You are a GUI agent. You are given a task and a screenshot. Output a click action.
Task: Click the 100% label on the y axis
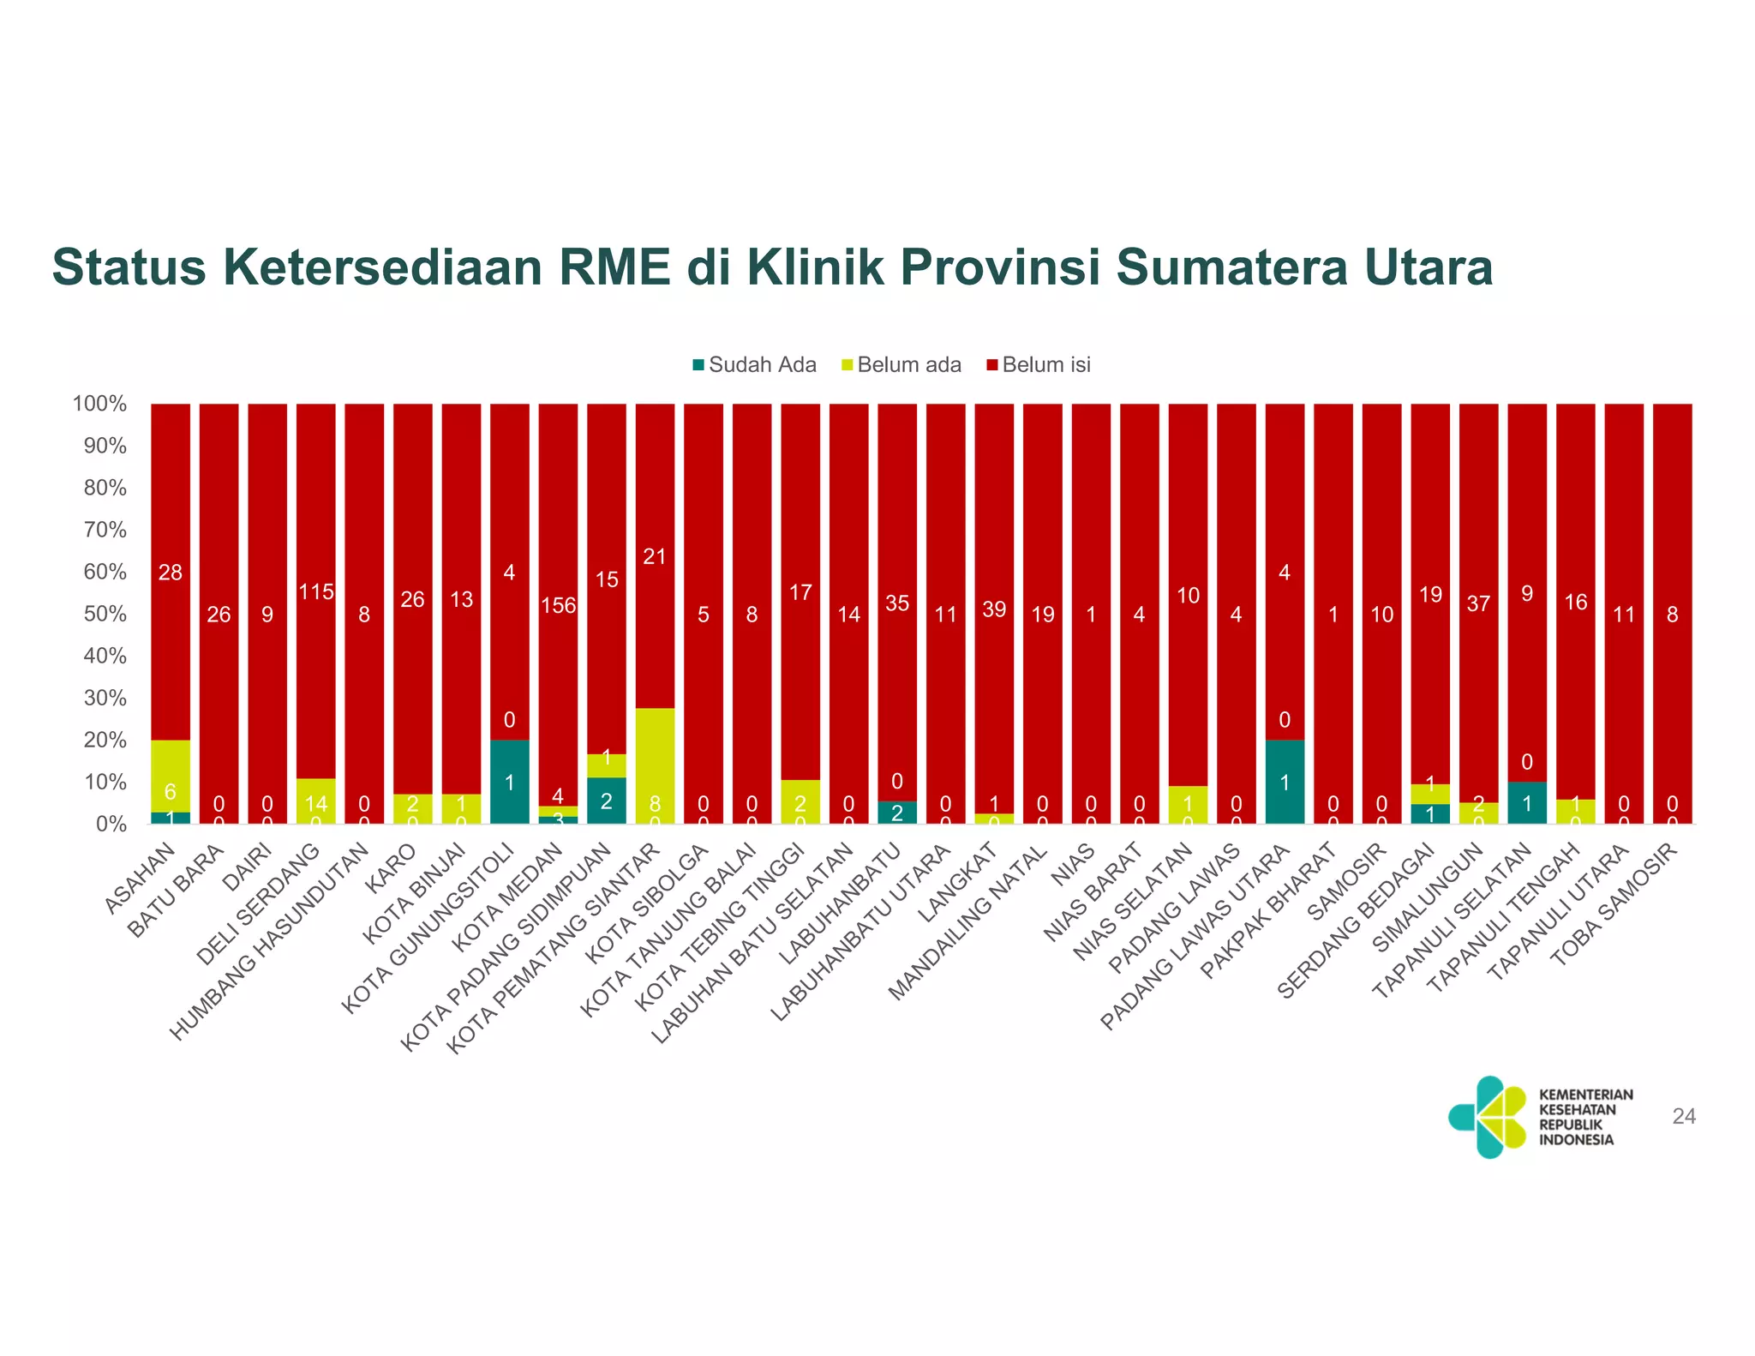tap(100, 404)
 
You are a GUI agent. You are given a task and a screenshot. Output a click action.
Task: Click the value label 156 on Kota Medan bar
tap(558, 606)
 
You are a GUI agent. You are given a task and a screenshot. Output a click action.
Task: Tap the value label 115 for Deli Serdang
tap(316, 591)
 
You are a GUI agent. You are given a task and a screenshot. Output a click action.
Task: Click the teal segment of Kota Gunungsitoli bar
tap(510, 781)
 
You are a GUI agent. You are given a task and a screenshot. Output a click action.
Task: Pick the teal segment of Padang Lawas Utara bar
tap(1285, 781)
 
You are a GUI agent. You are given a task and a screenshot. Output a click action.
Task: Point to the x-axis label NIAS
tap(1073, 865)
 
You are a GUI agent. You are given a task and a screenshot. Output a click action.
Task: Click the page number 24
tap(1683, 1116)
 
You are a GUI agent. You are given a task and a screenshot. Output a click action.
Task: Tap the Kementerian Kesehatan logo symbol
tap(1488, 1117)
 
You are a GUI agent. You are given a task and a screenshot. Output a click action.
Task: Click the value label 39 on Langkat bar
tap(994, 609)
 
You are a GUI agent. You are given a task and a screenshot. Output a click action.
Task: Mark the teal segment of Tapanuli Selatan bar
tap(1527, 803)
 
